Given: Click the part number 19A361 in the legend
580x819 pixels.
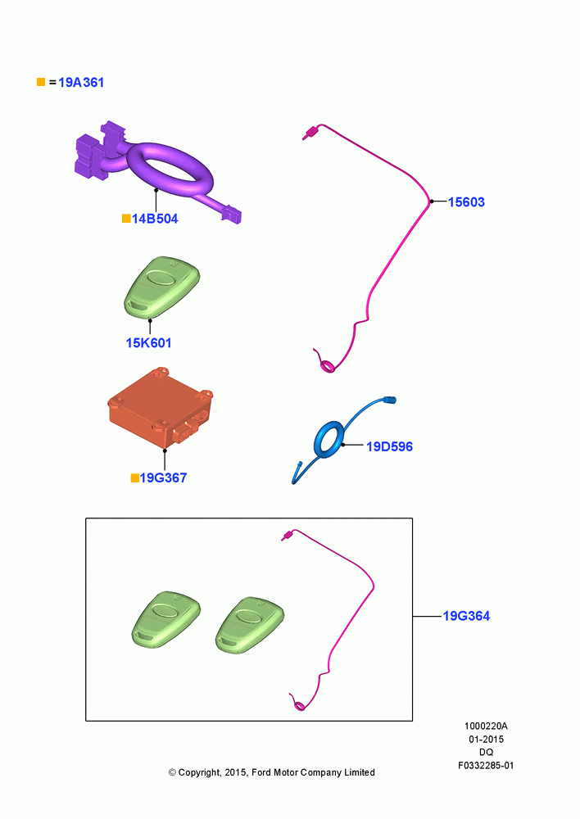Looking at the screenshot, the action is [81, 83].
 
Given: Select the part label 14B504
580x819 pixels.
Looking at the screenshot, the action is [155, 219].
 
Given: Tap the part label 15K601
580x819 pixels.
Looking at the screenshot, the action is [148, 343].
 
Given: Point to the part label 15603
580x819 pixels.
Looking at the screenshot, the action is [466, 202].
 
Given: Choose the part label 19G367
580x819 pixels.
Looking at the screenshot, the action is [163, 478].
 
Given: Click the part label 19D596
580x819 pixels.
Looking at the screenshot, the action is [389, 446].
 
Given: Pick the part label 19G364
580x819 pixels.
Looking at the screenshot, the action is [466, 617].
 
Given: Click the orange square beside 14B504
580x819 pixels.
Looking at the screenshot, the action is [126, 219].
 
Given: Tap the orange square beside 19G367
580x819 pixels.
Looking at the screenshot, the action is [135, 478].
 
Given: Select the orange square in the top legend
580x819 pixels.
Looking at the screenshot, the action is [41, 82].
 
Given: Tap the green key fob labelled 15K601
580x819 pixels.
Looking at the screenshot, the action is [162, 287].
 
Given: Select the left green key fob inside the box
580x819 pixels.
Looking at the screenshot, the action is [166, 620].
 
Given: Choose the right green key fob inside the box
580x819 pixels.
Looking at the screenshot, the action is [250, 625].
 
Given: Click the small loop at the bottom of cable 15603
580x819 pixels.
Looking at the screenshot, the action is [329, 367].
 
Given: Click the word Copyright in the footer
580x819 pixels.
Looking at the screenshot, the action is [199, 773].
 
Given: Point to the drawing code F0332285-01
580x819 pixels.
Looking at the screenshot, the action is [486, 766].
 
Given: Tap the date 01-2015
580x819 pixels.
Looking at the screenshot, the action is [486, 740].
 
